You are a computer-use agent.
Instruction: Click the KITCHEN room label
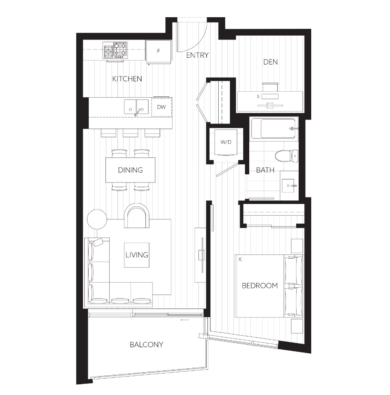pyautogui.click(x=127, y=79)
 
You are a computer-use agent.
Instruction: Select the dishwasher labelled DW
pyautogui.click(x=161, y=107)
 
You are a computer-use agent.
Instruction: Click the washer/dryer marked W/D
pyautogui.click(x=226, y=142)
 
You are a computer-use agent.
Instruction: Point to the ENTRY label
pyautogui.click(x=198, y=55)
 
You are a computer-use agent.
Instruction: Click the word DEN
pyautogui.click(x=270, y=62)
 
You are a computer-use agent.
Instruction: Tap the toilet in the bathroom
pyautogui.click(x=286, y=156)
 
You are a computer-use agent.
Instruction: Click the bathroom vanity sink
pyautogui.click(x=288, y=186)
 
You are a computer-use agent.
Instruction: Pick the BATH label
pyautogui.click(x=265, y=170)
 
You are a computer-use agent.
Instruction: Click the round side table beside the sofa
pyautogui.click(x=97, y=219)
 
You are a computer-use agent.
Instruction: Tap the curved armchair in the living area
pyautogui.click(x=137, y=216)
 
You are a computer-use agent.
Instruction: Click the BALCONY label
pyautogui.click(x=146, y=345)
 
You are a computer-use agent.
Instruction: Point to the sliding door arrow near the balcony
pyautogui.click(x=185, y=320)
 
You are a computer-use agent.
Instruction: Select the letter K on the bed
pyautogui.click(x=240, y=259)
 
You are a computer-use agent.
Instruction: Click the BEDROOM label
pyautogui.click(x=260, y=286)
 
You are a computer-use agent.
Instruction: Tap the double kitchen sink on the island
pyautogui.click(x=136, y=107)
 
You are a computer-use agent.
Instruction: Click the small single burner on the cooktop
pyautogui.click(x=108, y=52)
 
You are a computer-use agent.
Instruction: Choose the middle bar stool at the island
pyautogui.click(x=130, y=133)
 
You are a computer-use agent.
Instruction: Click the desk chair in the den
pyautogui.click(x=270, y=87)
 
